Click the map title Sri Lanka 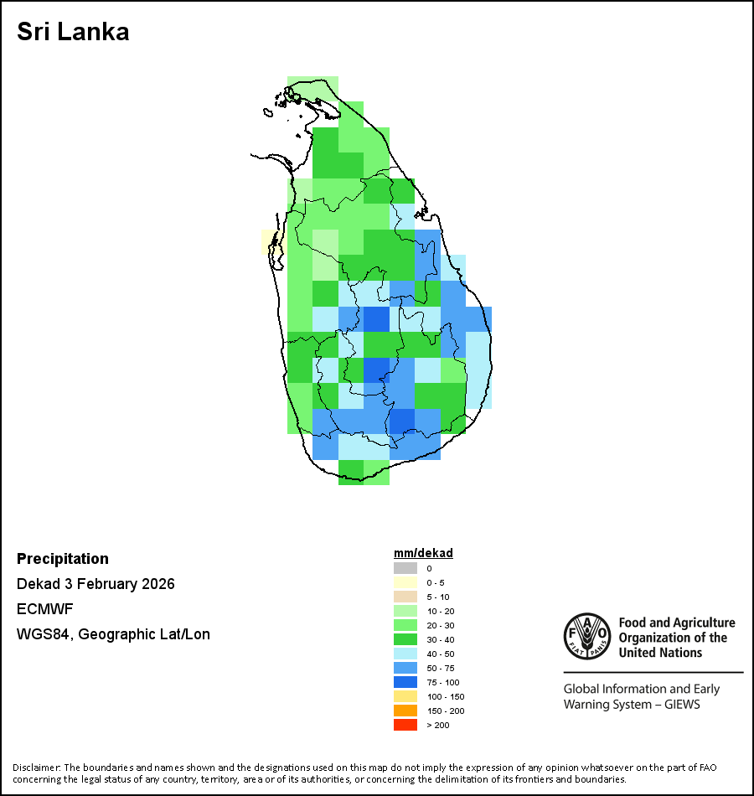coord(73,33)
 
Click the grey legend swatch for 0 coord(405,568)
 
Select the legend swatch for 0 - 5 coord(405,582)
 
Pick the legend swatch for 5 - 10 coord(405,597)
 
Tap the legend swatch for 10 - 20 coord(405,611)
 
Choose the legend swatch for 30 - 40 coord(405,639)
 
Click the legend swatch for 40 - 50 coord(405,654)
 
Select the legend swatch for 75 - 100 coord(405,682)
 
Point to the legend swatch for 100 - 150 coord(405,696)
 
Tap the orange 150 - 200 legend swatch coord(405,711)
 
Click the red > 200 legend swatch coord(405,725)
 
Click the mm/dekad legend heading coord(423,553)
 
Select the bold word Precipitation coord(63,559)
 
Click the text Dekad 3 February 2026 coord(96,584)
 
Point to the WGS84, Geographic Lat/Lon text coord(113,634)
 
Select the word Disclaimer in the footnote coord(36,768)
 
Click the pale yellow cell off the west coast coord(271,241)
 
